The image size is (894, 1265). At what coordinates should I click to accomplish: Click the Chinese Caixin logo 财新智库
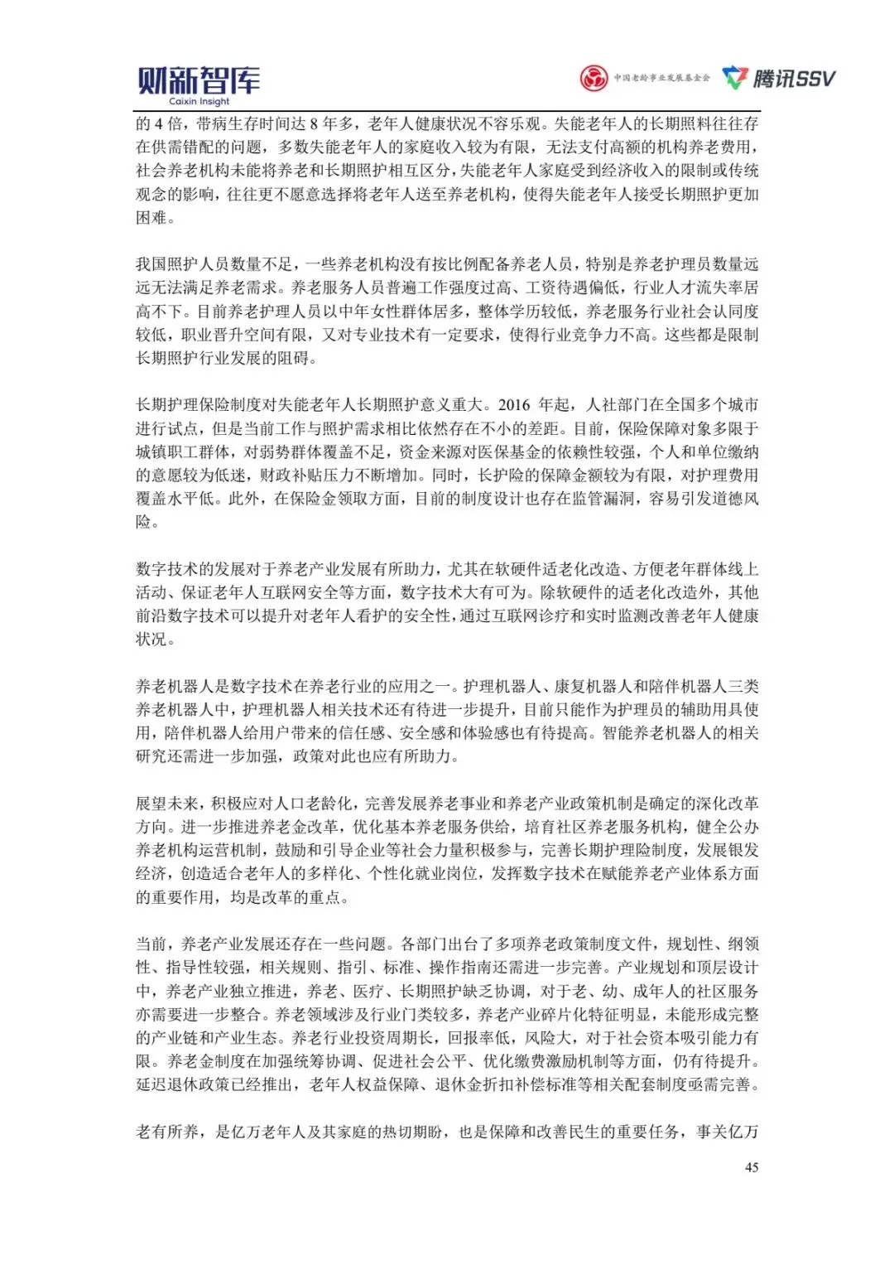(x=199, y=80)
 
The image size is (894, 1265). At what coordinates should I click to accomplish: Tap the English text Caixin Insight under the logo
(x=199, y=102)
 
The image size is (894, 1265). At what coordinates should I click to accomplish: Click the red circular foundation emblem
(x=593, y=79)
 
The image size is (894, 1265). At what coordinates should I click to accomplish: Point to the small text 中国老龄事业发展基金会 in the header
(x=661, y=79)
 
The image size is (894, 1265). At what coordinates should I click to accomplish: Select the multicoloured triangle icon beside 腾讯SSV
(x=735, y=78)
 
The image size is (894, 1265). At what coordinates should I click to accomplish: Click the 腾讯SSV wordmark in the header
(x=794, y=79)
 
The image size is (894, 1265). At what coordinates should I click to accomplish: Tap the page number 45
(x=752, y=1167)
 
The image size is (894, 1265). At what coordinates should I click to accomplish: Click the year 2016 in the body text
(x=514, y=405)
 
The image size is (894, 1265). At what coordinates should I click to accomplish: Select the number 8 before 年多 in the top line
(x=315, y=124)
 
